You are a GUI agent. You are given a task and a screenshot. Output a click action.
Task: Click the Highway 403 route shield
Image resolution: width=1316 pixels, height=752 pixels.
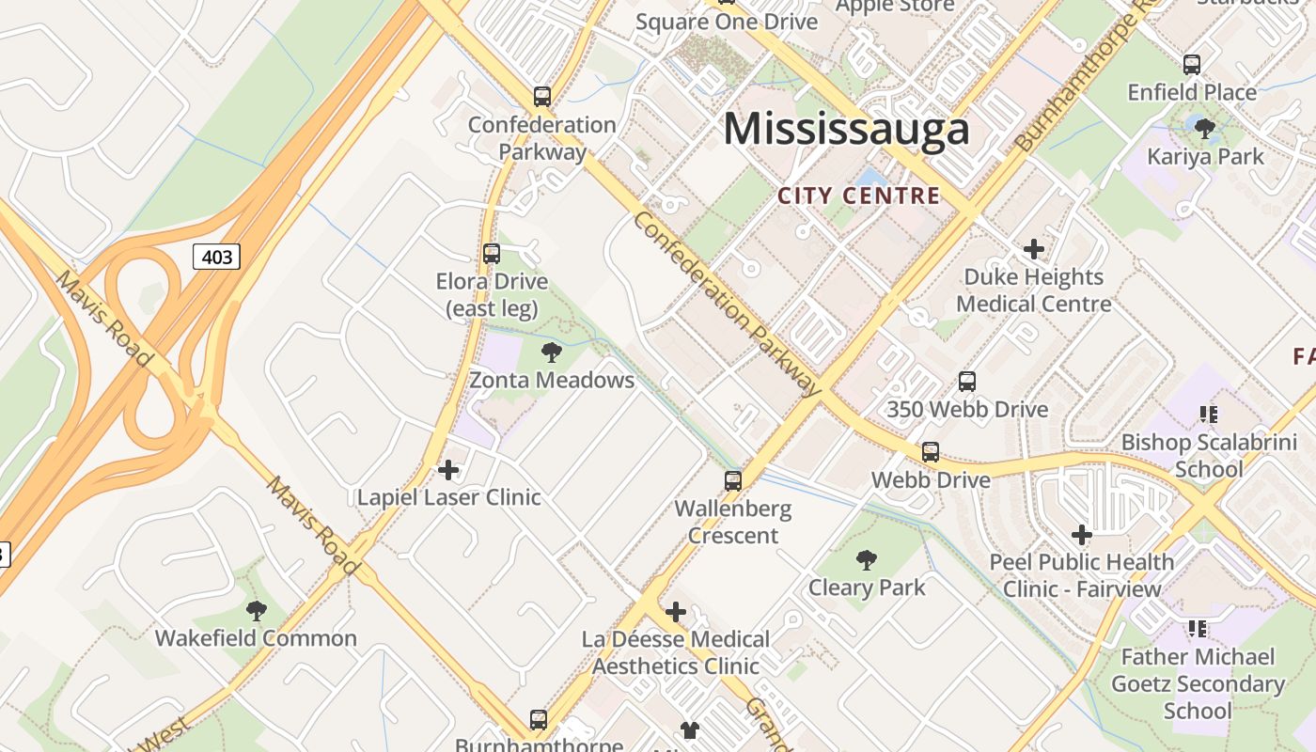tap(217, 257)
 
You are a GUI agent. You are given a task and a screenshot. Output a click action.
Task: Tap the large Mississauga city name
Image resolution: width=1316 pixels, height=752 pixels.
tap(846, 129)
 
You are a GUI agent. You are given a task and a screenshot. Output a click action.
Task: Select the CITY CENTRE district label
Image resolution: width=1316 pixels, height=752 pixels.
tap(859, 196)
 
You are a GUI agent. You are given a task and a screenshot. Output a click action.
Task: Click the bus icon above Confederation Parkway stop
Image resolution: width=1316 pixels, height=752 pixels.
tap(542, 96)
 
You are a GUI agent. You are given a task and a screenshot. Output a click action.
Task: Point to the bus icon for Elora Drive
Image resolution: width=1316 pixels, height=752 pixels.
tap(492, 253)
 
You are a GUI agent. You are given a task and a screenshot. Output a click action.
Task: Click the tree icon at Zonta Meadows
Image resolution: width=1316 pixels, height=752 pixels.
tap(552, 352)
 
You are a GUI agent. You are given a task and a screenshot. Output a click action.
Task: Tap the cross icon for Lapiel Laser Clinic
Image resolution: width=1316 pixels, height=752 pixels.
tap(448, 470)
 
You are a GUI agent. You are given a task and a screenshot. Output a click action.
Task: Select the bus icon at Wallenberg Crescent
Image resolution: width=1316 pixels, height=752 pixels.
tap(733, 481)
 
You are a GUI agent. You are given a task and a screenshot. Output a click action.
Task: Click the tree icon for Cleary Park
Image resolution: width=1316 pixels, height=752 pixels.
tap(867, 560)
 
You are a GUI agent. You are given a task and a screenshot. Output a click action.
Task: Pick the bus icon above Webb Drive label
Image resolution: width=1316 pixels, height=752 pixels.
tap(931, 452)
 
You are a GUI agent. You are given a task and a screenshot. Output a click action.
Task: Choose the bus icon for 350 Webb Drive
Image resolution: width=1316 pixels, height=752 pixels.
tap(967, 382)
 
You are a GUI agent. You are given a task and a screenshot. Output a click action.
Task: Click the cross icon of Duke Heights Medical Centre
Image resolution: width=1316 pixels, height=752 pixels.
tap(1034, 249)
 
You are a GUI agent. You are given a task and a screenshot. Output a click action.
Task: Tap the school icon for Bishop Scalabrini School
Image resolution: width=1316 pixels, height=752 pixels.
tap(1209, 414)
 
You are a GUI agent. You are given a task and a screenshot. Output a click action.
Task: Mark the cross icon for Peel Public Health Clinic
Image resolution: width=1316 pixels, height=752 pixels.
tap(1082, 535)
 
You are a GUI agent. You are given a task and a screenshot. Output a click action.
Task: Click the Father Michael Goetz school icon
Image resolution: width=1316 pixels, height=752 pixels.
tap(1198, 628)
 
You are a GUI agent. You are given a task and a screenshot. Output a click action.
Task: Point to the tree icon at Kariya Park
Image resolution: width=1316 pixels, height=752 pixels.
tap(1205, 129)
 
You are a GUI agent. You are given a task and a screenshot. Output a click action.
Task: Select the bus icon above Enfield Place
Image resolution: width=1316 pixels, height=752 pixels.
tap(1192, 65)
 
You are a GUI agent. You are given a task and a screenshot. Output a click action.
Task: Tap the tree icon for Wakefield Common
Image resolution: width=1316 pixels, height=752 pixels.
tap(256, 611)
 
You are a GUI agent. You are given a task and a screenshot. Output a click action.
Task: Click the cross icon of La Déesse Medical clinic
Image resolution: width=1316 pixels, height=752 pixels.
tap(675, 613)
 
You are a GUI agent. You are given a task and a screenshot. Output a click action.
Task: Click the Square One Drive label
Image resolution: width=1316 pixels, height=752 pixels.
tap(727, 22)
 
